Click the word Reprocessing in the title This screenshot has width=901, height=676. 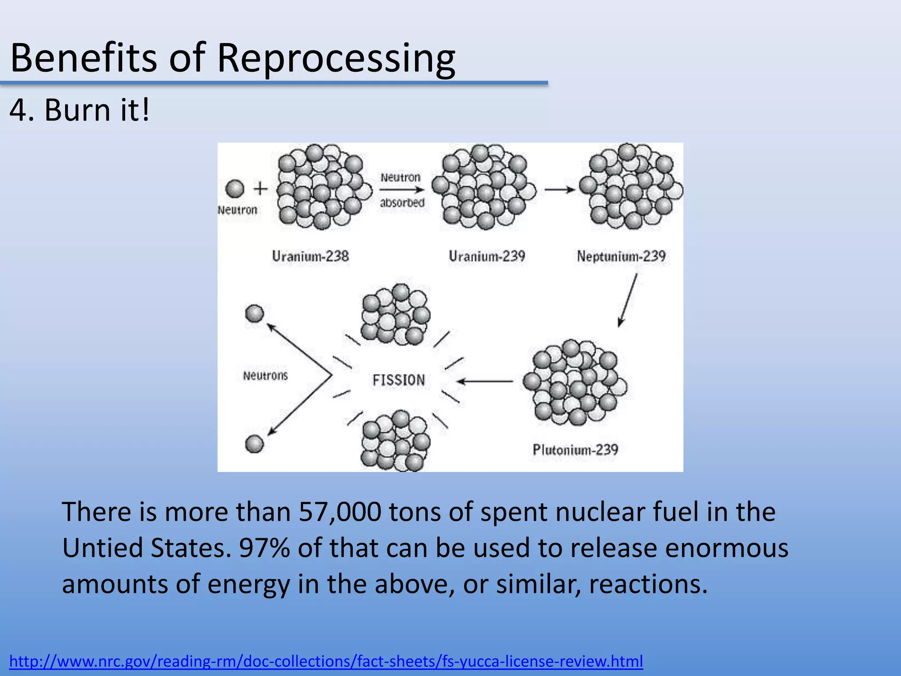(336, 58)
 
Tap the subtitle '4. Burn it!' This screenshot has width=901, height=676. (79, 110)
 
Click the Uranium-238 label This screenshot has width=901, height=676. (310, 256)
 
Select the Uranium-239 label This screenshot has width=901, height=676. (487, 256)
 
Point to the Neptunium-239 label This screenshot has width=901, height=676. (621, 256)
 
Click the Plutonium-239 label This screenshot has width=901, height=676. (575, 450)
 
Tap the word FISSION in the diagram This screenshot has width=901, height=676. (399, 380)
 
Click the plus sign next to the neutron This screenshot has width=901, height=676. (260, 189)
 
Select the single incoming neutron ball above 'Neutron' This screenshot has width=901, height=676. (235, 189)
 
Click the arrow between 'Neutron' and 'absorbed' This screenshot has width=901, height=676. (402, 190)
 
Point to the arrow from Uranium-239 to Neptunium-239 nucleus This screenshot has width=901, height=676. (560, 190)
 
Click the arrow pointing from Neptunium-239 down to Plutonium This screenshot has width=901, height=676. (628, 301)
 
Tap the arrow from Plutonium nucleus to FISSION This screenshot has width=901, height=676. (484, 381)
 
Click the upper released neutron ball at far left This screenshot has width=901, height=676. (254, 314)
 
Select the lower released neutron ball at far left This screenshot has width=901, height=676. (254, 444)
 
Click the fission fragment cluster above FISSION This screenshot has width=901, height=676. (396, 314)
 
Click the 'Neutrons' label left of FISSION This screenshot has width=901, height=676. (265, 376)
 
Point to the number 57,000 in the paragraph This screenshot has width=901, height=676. (340, 512)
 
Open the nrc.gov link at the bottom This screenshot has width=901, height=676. (326, 661)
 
